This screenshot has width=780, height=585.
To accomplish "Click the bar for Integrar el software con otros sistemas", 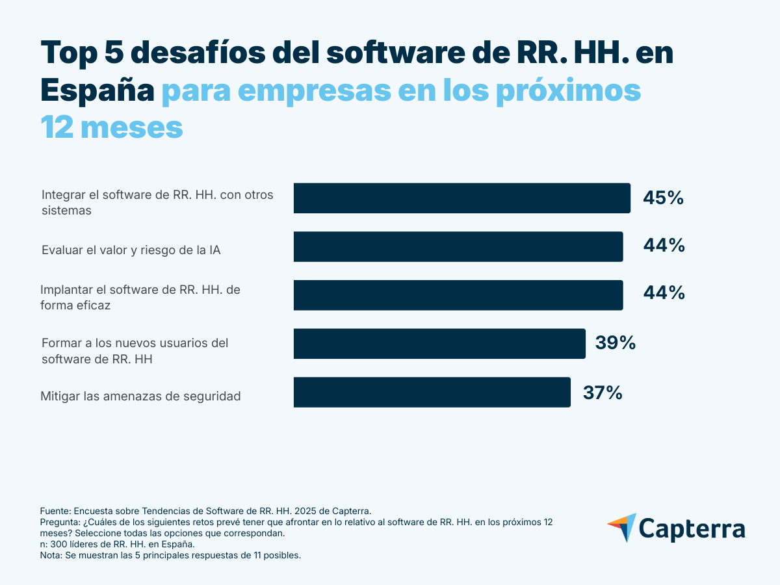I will [x=461, y=198].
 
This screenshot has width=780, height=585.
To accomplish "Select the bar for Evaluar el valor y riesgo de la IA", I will [x=458, y=246].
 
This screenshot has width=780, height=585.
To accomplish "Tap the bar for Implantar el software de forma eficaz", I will [x=458, y=295].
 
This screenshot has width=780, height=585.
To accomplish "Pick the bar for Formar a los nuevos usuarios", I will [x=439, y=344].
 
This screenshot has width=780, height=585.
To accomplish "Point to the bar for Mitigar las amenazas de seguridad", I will [x=432, y=392].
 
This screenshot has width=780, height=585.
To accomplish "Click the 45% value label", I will [x=663, y=198].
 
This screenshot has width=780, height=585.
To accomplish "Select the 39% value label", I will [x=615, y=343].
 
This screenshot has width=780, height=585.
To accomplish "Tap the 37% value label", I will [x=603, y=393].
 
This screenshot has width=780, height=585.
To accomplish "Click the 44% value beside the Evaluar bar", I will [x=664, y=246].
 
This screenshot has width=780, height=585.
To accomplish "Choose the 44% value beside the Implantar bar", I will [x=664, y=293].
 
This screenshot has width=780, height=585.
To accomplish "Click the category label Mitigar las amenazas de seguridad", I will [x=140, y=396].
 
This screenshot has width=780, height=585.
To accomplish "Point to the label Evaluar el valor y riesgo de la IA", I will [x=131, y=250].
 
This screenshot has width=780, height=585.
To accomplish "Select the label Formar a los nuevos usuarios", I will [x=135, y=350].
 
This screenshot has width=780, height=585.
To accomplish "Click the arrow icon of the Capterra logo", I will [x=622, y=527].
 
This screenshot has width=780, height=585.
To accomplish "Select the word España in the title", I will [x=97, y=90].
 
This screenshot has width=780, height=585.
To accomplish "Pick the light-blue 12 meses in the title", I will [x=111, y=127].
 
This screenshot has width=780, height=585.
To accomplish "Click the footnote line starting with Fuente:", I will [x=205, y=511].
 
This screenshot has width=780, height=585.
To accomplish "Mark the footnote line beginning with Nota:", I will [x=170, y=556].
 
